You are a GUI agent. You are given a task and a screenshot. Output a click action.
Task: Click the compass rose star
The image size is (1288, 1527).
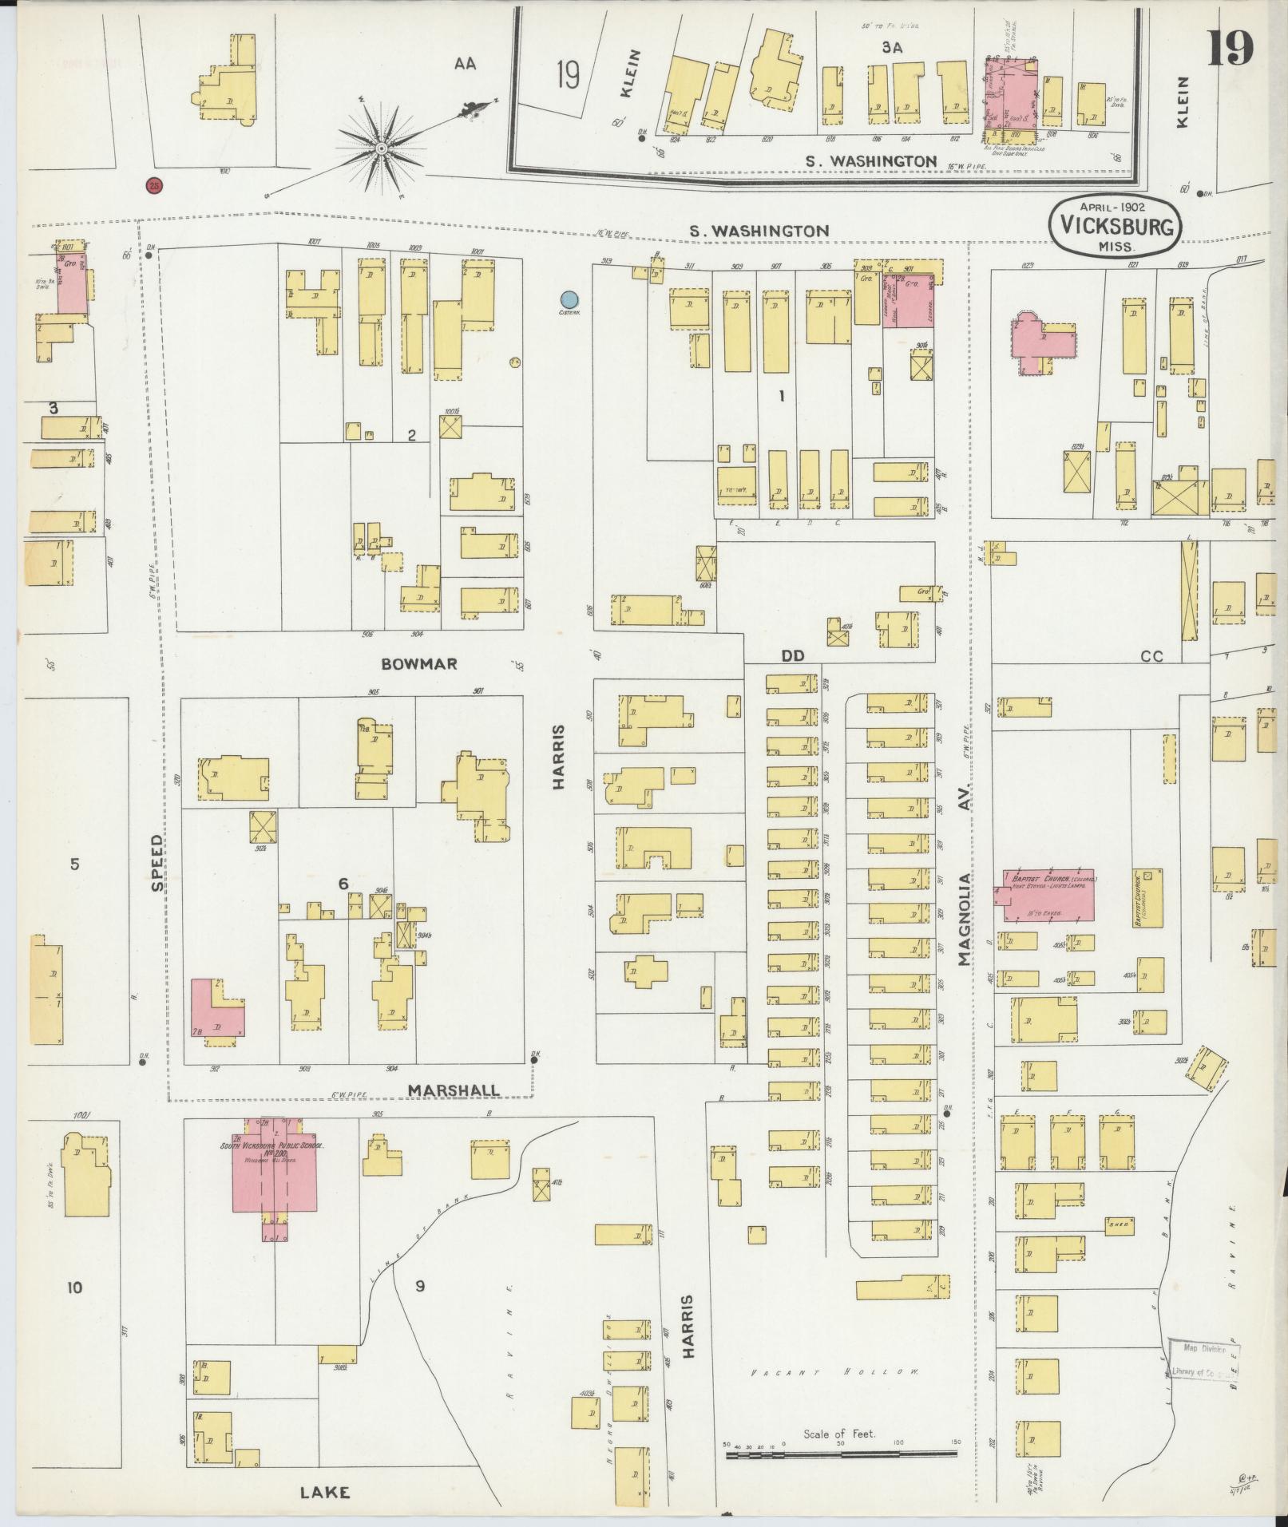[x=382, y=149]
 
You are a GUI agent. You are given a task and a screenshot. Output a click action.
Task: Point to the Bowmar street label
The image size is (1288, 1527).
[x=418, y=664]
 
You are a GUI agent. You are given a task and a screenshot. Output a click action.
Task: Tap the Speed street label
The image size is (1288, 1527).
[x=157, y=863]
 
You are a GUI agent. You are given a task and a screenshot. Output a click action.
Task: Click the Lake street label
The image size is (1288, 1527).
[x=325, y=1492]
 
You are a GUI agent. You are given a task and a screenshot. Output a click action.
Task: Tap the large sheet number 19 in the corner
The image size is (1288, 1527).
[x=1230, y=49]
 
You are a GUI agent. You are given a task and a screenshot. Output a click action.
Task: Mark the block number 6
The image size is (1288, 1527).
[x=343, y=884]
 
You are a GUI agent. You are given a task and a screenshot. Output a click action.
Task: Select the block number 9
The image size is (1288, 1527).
[x=419, y=1286]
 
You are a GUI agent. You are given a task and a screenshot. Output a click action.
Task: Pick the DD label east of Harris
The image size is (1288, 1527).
[x=792, y=655]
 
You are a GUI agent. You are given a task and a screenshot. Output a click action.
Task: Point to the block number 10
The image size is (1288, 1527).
[x=74, y=1287]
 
